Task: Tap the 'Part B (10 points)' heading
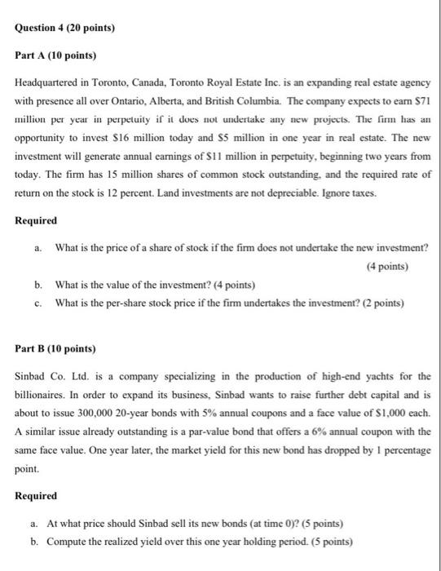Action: pyautogui.click(x=55, y=349)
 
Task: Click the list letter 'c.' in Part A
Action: pyautogui.click(x=38, y=302)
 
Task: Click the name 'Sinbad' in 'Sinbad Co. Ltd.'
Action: pyautogui.click(x=32, y=378)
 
